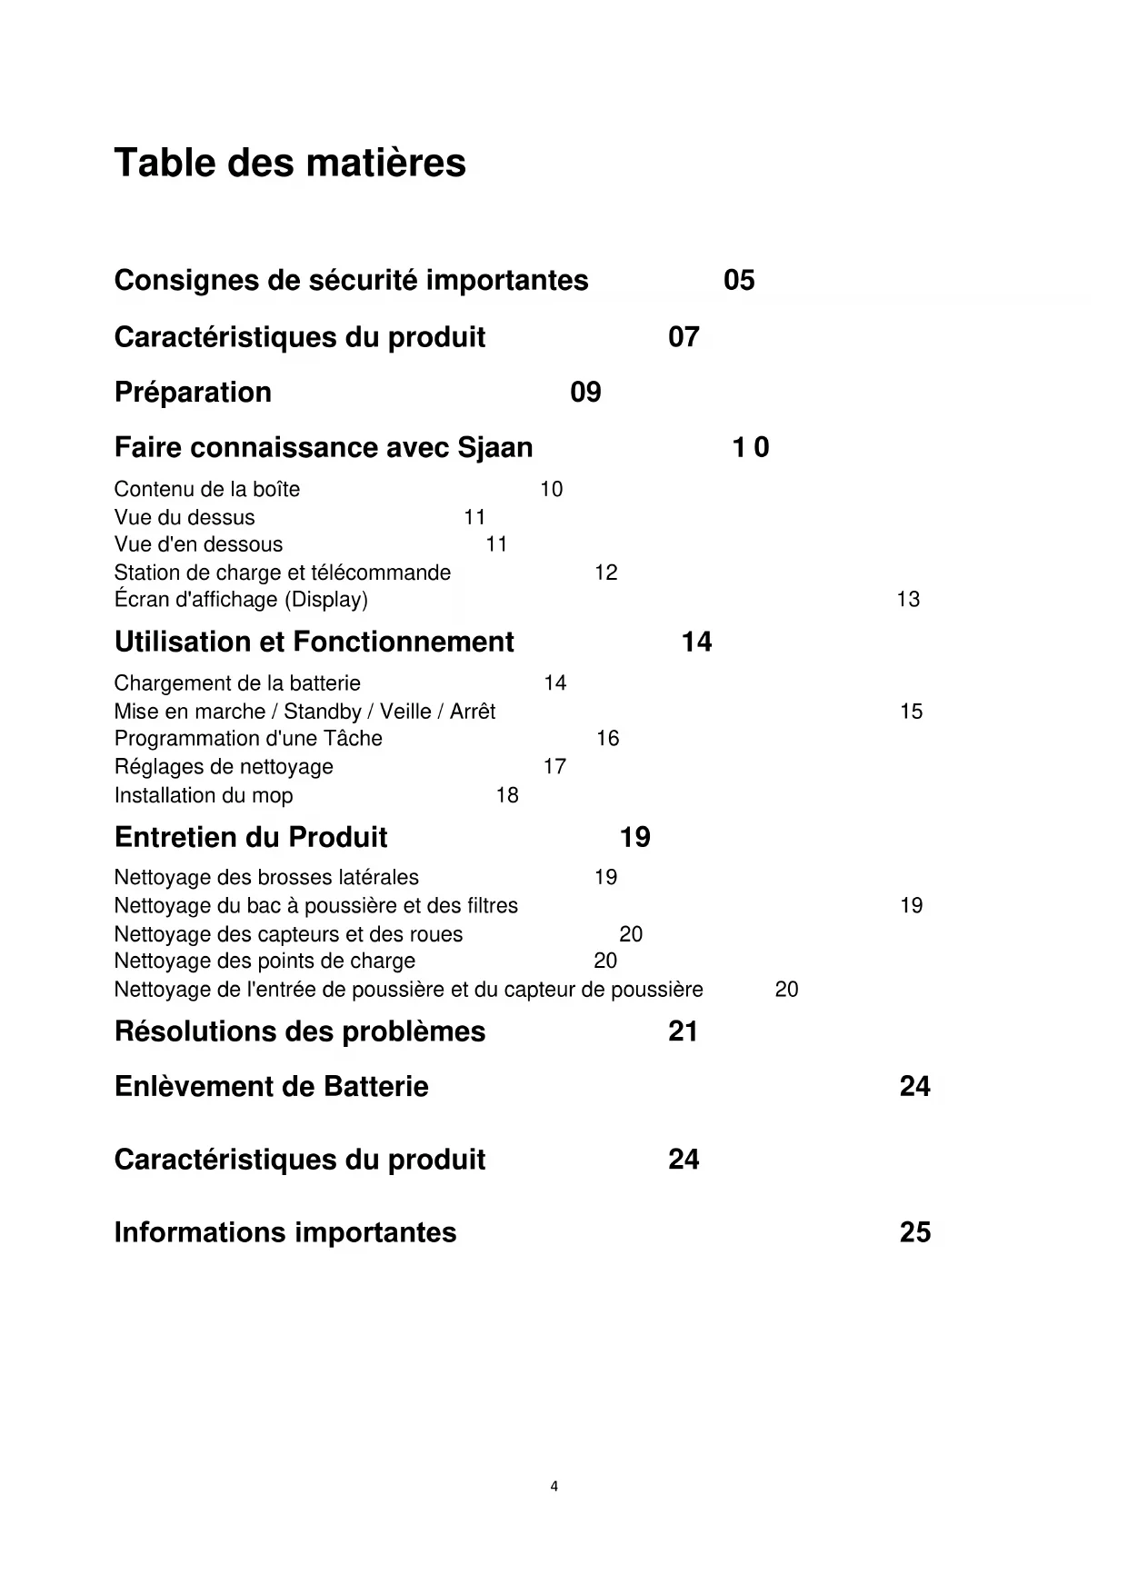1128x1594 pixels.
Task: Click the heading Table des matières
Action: (290, 164)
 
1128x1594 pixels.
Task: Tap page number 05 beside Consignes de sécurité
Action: (739, 280)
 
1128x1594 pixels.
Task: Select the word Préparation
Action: (193, 393)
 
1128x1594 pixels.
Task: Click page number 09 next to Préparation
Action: (585, 393)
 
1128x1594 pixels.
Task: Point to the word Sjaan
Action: (495, 448)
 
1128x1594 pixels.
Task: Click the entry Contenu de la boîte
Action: (206, 490)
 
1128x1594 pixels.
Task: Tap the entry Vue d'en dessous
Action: (198, 544)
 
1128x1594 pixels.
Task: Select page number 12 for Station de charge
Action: (605, 573)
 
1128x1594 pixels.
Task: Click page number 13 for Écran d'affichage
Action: (908, 600)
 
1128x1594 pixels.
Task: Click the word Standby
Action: (323, 712)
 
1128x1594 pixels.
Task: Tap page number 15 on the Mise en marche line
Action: (911, 712)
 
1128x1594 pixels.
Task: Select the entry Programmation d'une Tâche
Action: (248, 739)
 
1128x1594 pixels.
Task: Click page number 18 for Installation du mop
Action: (507, 795)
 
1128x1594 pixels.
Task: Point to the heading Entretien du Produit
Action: (251, 837)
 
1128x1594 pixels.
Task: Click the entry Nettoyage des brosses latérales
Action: (266, 878)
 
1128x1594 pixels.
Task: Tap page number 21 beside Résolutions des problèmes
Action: (683, 1031)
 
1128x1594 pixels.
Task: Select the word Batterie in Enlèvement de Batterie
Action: (376, 1087)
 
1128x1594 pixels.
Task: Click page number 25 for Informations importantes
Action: (914, 1232)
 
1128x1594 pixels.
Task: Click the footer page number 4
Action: (554, 1487)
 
